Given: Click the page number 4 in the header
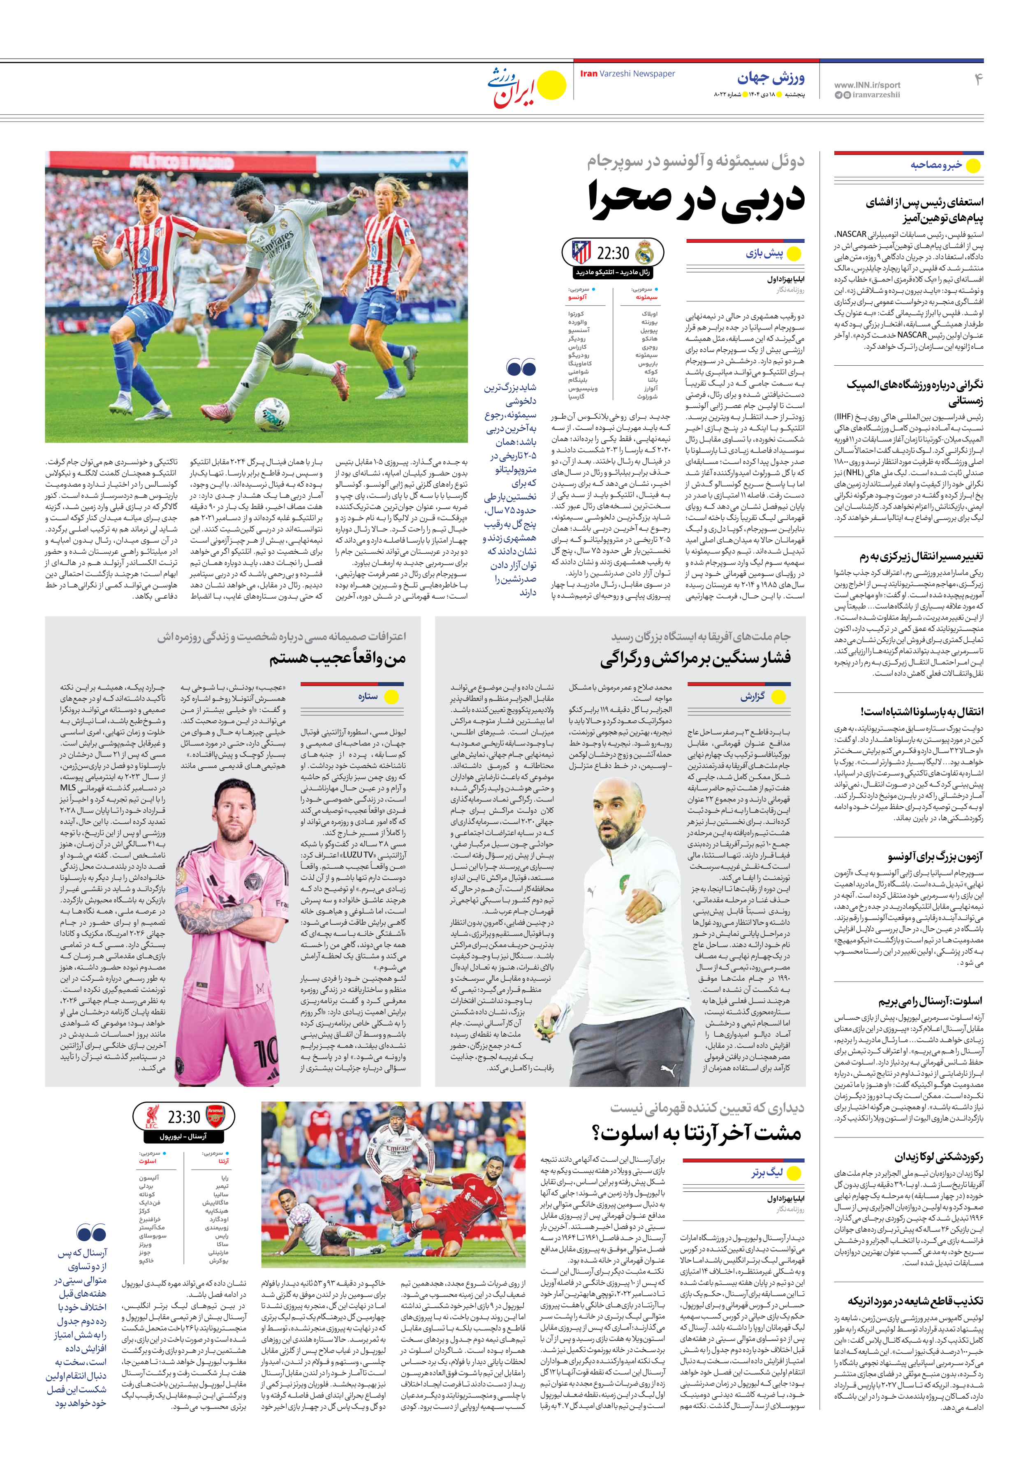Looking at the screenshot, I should tap(977, 79).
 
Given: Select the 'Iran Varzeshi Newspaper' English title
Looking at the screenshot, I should tap(627, 74).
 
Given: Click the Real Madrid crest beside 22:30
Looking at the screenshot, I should tap(645, 253).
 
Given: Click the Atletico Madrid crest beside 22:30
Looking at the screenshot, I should tap(581, 252).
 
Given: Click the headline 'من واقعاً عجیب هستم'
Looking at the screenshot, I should tap(337, 658).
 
